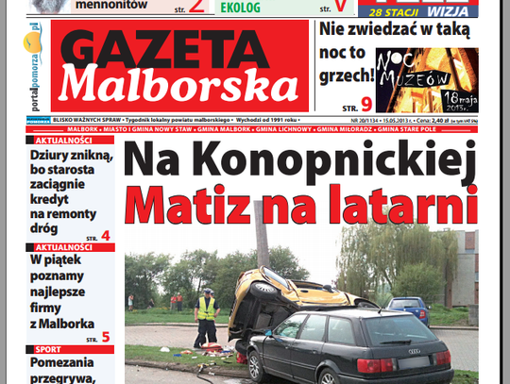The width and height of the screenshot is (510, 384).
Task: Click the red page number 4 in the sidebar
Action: click(105, 236)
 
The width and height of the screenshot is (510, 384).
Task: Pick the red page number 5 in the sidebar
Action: click(105, 337)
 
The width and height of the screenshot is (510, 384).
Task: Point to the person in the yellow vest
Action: click(206, 316)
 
